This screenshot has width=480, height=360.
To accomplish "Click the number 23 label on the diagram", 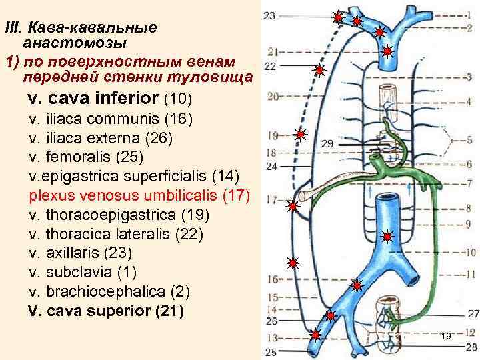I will tap(269, 15).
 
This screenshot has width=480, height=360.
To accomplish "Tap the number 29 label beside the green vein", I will tap(327, 143).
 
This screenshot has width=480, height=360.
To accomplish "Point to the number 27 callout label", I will tap(473, 314).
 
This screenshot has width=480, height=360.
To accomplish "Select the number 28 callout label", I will tap(472, 346).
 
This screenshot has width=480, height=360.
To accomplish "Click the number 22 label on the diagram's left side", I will tap(271, 66).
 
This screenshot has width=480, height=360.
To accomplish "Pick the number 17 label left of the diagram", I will tap(271, 199).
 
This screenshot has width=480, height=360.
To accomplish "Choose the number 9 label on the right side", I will tap(469, 224).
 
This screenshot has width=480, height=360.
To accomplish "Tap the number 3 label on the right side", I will tap(469, 77).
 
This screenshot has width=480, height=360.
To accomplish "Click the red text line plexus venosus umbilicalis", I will tap(139, 196).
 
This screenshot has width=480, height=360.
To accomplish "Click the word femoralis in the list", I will tap(77, 157).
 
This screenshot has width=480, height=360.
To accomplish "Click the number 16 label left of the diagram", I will tap(271, 279).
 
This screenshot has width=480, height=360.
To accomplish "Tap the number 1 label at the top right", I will tap(469, 13).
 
